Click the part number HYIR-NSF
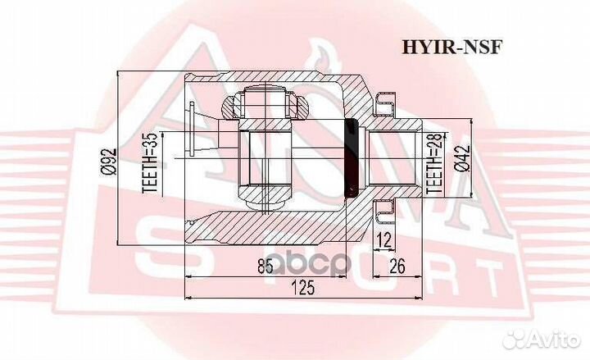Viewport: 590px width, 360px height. tap(452, 48)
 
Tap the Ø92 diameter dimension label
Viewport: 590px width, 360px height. tap(109, 162)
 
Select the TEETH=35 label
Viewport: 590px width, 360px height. tap(150, 163)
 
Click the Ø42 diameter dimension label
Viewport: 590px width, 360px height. tap(462, 158)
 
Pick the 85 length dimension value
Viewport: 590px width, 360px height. tap(265, 267)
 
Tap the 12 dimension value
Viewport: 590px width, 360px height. tap(384, 239)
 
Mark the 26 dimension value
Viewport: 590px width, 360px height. tap(397, 267)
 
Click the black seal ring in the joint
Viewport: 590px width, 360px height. tap(351, 158)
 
